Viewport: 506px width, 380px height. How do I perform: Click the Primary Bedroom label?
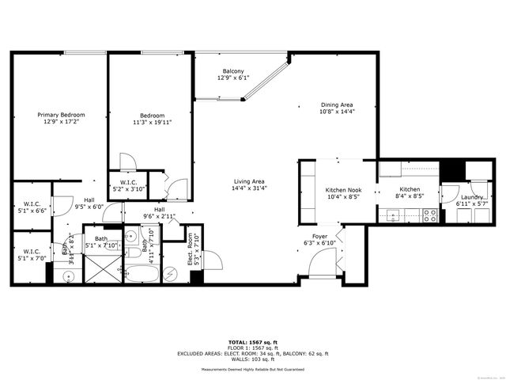[62, 115]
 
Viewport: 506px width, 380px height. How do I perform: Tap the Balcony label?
[232, 71]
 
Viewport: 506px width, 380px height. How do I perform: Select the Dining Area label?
[337, 104]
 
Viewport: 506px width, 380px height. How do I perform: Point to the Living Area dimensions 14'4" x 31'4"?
[249, 188]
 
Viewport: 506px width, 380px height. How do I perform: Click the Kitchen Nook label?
[344, 190]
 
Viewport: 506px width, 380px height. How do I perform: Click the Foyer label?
[320, 236]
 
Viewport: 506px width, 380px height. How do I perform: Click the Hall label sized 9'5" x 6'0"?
[89, 200]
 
